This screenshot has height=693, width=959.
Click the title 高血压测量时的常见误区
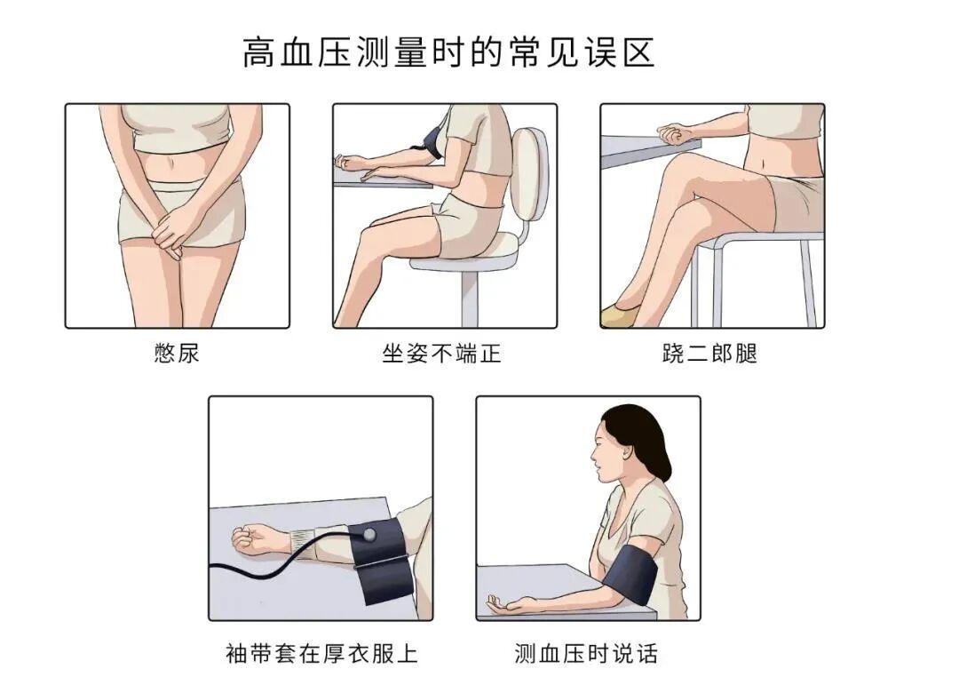tap(448, 52)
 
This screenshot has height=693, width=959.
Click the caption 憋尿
tap(177, 353)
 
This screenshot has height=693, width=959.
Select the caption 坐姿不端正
tap(441, 353)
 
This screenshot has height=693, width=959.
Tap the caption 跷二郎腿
tap(709, 353)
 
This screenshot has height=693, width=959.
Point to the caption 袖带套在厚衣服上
tap(321, 654)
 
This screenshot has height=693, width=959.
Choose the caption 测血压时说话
tap(586, 654)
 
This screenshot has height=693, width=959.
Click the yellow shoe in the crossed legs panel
tap(618, 313)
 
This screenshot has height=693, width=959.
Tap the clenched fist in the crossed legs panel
tap(675, 133)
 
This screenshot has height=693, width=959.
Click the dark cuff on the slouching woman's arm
tap(434, 143)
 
